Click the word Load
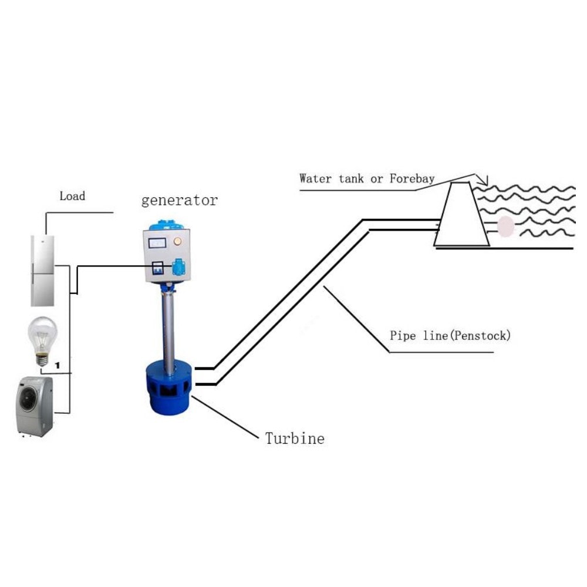coord(72,196)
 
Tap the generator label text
coord(179,200)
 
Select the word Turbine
coord(294,438)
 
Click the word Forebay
coord(411,178)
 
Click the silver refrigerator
coord(43,270)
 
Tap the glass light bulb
coord(43,335)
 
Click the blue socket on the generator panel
coord(178,268)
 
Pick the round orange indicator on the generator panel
coord(178,241)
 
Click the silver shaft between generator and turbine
coord(168,329)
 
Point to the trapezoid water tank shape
coord(461,217)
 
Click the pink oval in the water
coord(505,226)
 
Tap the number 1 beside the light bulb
coord(58,365)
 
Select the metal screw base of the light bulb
coord(42,358)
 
